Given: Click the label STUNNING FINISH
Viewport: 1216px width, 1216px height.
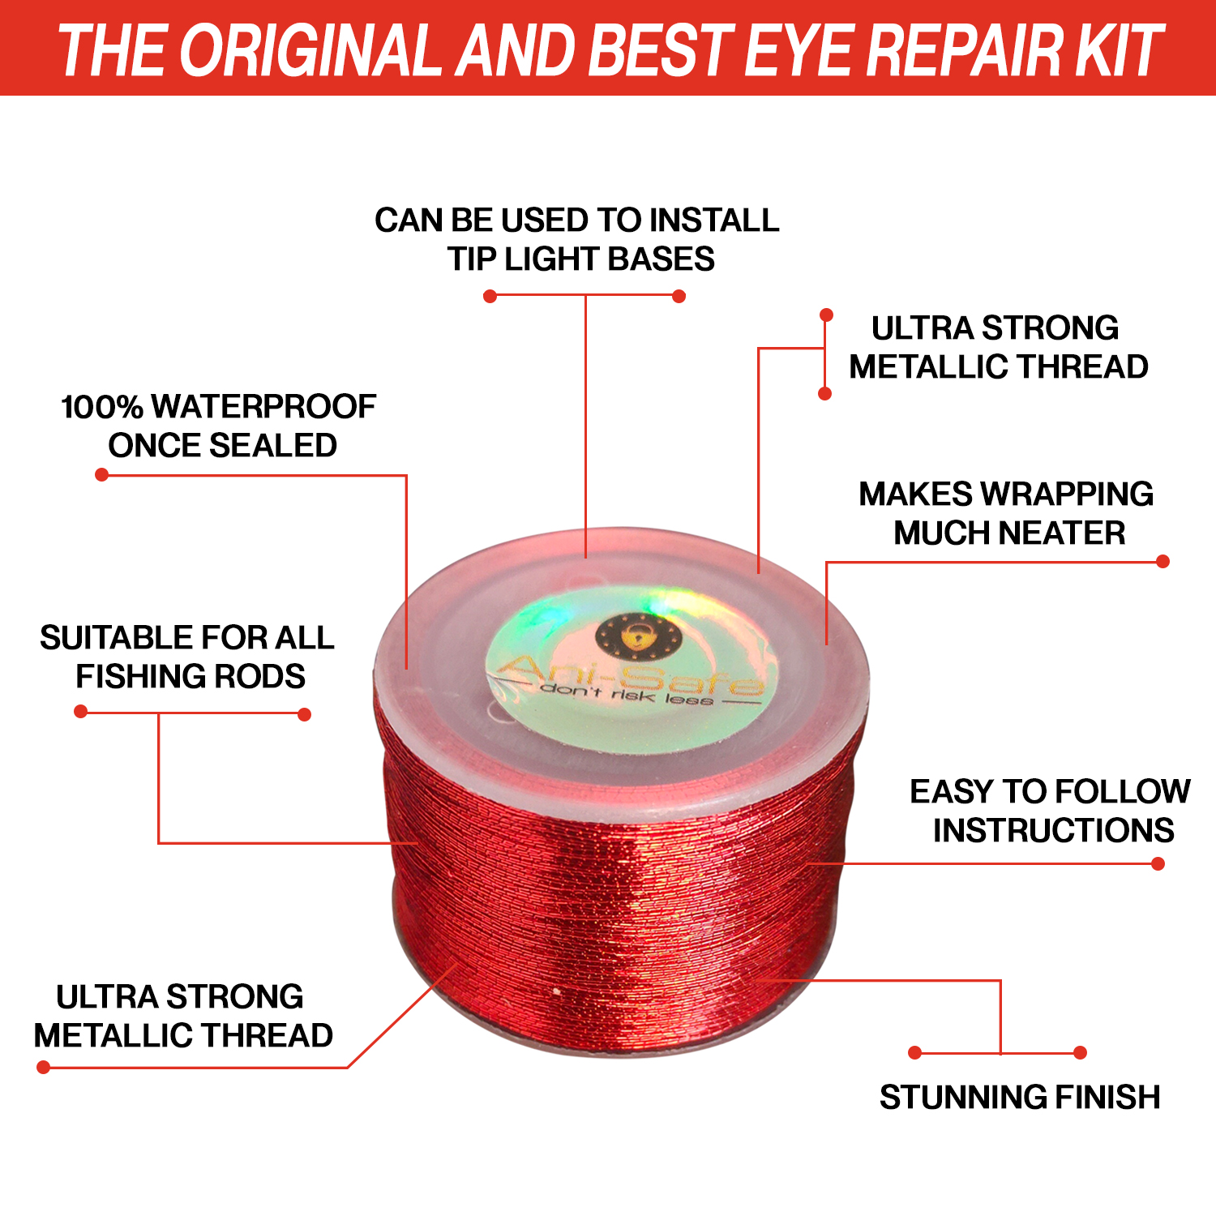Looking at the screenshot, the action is [1020, 1097].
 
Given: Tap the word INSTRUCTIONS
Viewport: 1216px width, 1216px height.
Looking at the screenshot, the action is [1053, 830].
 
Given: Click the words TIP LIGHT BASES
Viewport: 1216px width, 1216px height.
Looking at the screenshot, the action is [580, 259].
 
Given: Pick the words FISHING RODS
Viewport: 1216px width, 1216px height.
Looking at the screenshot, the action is [191, 676].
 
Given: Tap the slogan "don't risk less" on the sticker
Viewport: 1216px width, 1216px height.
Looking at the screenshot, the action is [627, 695].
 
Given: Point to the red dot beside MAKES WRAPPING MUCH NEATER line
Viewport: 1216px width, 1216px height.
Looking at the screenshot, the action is [1162, 561].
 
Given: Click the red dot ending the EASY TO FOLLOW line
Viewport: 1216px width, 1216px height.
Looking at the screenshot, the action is [1158, 864].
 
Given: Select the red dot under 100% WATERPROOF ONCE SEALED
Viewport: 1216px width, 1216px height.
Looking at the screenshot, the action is [101, 474].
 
